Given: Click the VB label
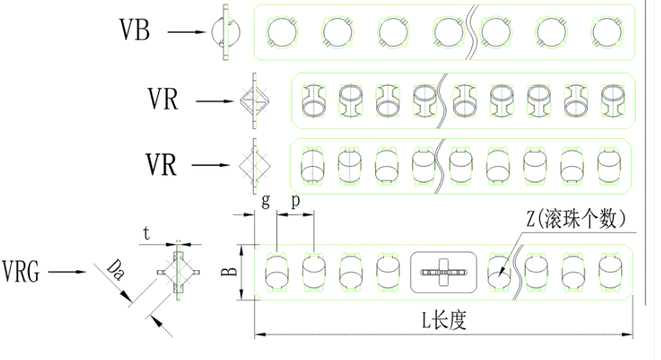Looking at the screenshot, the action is (x=134, y=30).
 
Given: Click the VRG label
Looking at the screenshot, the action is (x=20, y=272).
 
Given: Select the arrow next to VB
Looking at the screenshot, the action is (x=187, y=32).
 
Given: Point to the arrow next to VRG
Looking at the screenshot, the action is (x=67, y=272).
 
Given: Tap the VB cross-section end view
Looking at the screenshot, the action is (x=226, y=32).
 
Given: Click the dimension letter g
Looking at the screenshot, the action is (x=265, y=201).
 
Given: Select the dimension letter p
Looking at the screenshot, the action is (x=296, y=201).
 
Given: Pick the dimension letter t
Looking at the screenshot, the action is (x=146, y=233).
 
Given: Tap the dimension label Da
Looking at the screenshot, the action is (x=115, y=270).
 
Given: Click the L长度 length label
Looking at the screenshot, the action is (x=444, y=320).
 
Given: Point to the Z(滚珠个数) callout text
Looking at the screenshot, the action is (x=576, y=219).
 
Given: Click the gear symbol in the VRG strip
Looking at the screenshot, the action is (x=443, y=273).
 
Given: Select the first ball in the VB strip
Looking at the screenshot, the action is (x=283, y=33).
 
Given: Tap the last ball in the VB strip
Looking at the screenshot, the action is (x=607, y=33).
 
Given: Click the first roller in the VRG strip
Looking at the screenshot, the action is (x=276, y=273).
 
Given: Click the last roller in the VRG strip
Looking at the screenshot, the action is (x=610, y=273).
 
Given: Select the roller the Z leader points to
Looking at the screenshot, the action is (x=499, y=273).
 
